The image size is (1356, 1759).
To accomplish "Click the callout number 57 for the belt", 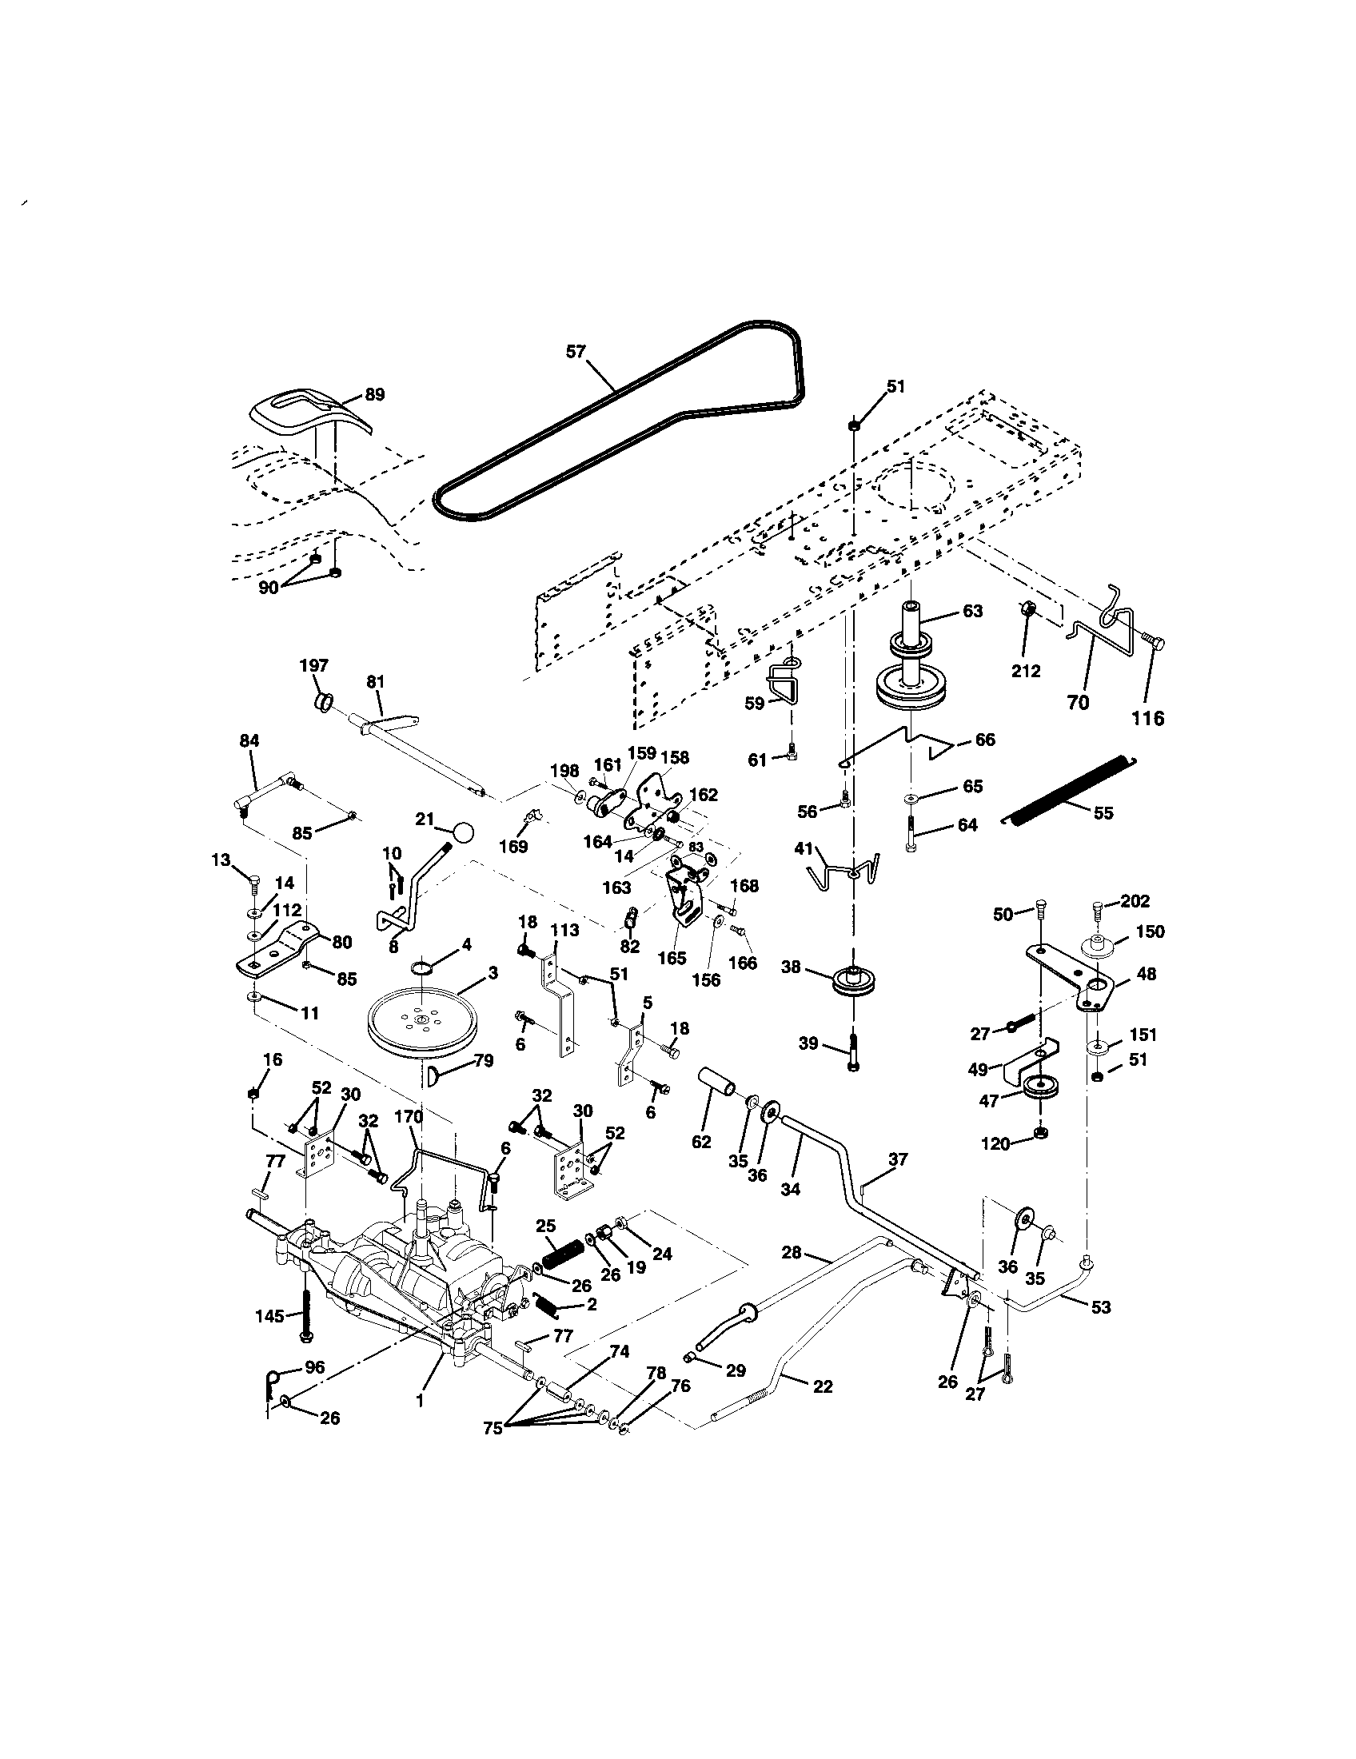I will coord(576,351).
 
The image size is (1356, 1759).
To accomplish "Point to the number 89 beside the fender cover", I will coord(374,395).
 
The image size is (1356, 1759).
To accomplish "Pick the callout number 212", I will coord(1026,670).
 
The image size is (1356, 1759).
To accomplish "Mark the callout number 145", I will coord(269,1316).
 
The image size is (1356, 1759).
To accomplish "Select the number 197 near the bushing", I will coord(314,665).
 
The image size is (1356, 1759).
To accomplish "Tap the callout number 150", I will coord(1150,931).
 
